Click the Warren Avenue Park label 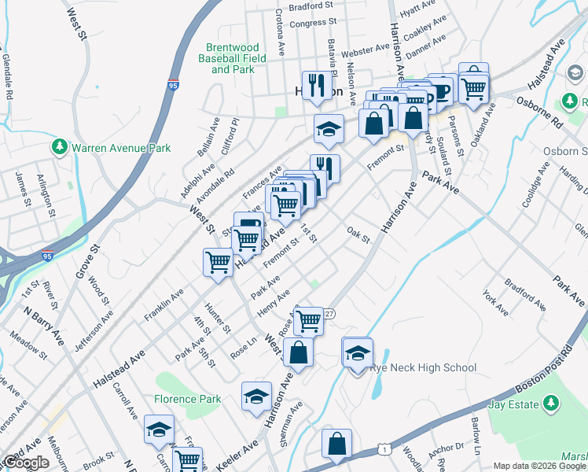pyautogui.click(x=121, y=147)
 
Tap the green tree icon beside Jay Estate pyautogui.click(x=550, y=404)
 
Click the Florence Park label pyautogui.click(x=188, y=399)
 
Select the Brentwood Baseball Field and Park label pyautogui.click(x=232, y=58)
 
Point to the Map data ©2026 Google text pyautogui.click(x=539, y=466)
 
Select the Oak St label pyautogui.click(x=358, y=234)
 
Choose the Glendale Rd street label pyautogui.click(x=8, y=76)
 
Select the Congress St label pyautogui.click(x=313, y=24)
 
